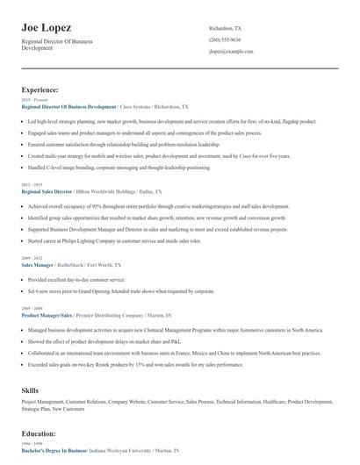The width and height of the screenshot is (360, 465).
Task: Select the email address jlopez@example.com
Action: [x=231, y=53]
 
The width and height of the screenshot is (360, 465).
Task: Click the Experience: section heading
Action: [x=40, y=90]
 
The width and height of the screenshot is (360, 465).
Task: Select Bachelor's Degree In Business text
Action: [x=54, y=449]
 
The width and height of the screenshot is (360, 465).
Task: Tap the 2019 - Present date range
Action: [x=34, y=98]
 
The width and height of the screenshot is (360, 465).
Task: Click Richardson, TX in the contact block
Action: [x=226, y=29]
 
